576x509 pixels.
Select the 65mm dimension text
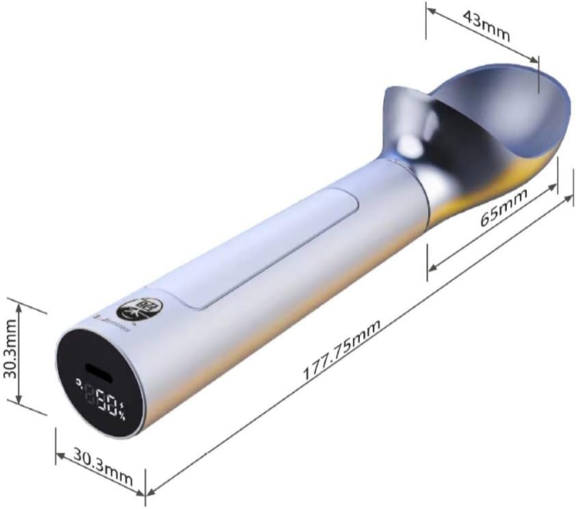click(503, 210)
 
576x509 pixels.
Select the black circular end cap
click(96, 384)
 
